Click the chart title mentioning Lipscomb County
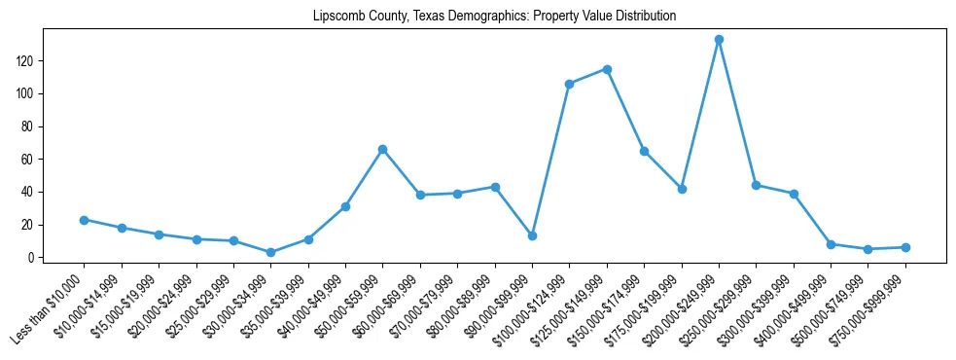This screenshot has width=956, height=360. pyautogui.click(x=494, y=17)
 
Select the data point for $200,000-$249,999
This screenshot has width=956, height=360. pyautogui.click(x=719, y=40)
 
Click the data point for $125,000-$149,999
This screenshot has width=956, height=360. pyautogui.click(x=607, y=69)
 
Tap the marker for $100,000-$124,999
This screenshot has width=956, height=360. pyautogui.click(x=569, y=84)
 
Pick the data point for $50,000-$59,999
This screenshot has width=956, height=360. pyautogui.click(x=382, y=149)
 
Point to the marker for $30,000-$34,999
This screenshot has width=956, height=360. pyautogui.click(x=270, y=253)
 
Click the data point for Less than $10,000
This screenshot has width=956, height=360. pyautogui.click(x=84, y=220)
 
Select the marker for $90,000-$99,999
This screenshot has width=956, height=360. pyautogui.click(x=532, y=236)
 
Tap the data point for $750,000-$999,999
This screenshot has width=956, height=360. pyautogui.click(x=905, y=247)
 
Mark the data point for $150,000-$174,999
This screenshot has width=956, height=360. pyautogui.click(x=644, y=151)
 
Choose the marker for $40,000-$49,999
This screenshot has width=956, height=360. pyautogui.click(x=345, y=206)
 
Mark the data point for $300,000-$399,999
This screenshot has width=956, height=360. pyautogui.click(x=794, y=194)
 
